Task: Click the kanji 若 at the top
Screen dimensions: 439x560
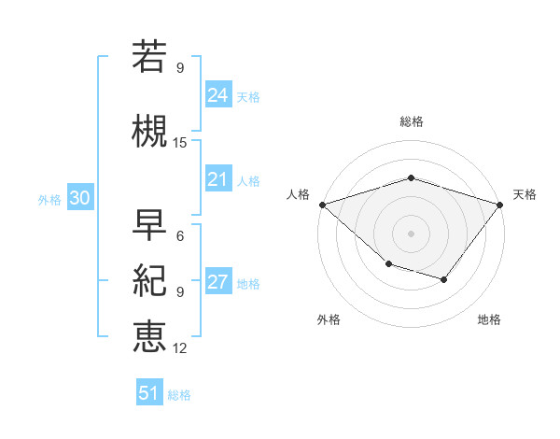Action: [x=149, y=56]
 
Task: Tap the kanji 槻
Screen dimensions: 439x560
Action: [x=149, y=131]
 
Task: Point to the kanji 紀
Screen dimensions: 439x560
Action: [x=149, y=280]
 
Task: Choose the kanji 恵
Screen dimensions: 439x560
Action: [x=149, y=336]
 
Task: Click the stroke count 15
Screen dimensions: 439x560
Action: [x=180, y=143]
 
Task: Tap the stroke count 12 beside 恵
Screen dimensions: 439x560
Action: [x=180, y=348]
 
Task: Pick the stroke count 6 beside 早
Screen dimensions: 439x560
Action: [x=180, y=235]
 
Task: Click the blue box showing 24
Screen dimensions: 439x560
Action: [x=218, y=95]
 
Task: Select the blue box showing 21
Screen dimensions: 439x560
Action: [x=218, y=179]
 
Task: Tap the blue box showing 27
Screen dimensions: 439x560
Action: [x=218, y=282]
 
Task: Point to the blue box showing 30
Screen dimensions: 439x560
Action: [x=79, y=198]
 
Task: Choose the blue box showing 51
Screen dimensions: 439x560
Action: [x=149, y=393]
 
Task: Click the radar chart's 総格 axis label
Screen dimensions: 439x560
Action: [x=411, y=121]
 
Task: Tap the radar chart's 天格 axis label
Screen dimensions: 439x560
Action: [x=525, y=194]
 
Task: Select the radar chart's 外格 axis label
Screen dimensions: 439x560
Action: [x=329, y=319]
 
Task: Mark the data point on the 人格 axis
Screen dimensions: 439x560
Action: [x=322, y=204]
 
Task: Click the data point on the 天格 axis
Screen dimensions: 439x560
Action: [x=500, y=204]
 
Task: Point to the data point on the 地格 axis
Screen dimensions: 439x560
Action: [x=444, y=279]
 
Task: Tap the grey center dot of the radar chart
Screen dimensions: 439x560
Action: [x=411, y=233]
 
